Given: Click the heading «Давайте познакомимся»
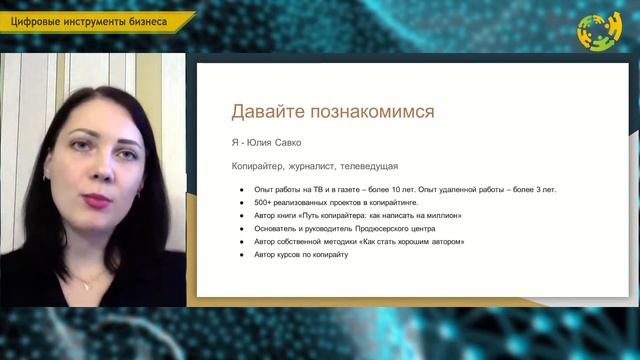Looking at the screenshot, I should coord(333,111).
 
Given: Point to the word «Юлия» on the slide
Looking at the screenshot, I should coord(257,142).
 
